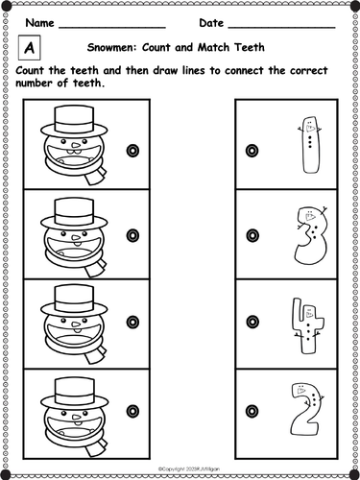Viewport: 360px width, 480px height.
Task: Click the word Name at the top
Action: pos(39,22)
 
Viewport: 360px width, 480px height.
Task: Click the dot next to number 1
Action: pos(252,149)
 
